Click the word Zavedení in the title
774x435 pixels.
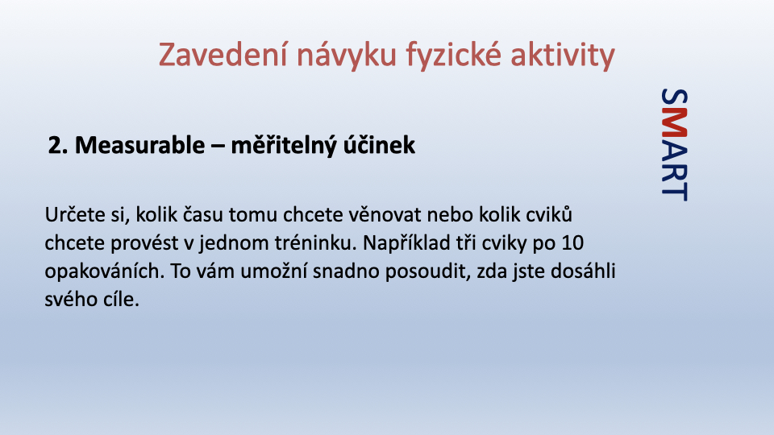[223, 54]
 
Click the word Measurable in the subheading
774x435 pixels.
[139, 145]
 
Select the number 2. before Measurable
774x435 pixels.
[58, 145]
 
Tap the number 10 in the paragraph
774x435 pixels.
[572, 243]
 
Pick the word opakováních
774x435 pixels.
[105, 271]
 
